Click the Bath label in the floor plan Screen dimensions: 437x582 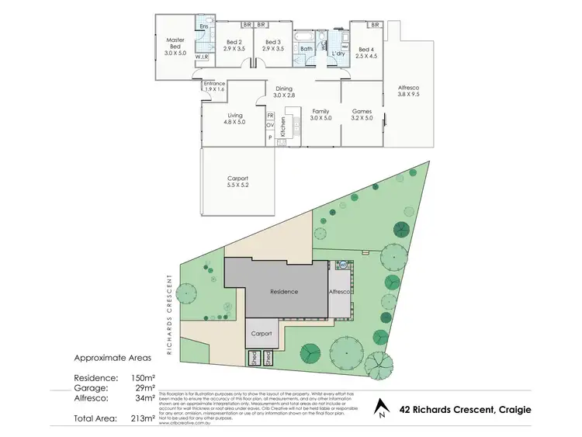click(x=306, y=49)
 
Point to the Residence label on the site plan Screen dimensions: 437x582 click(x=284, y=292)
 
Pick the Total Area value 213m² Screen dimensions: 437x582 click(x=145, y=418)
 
